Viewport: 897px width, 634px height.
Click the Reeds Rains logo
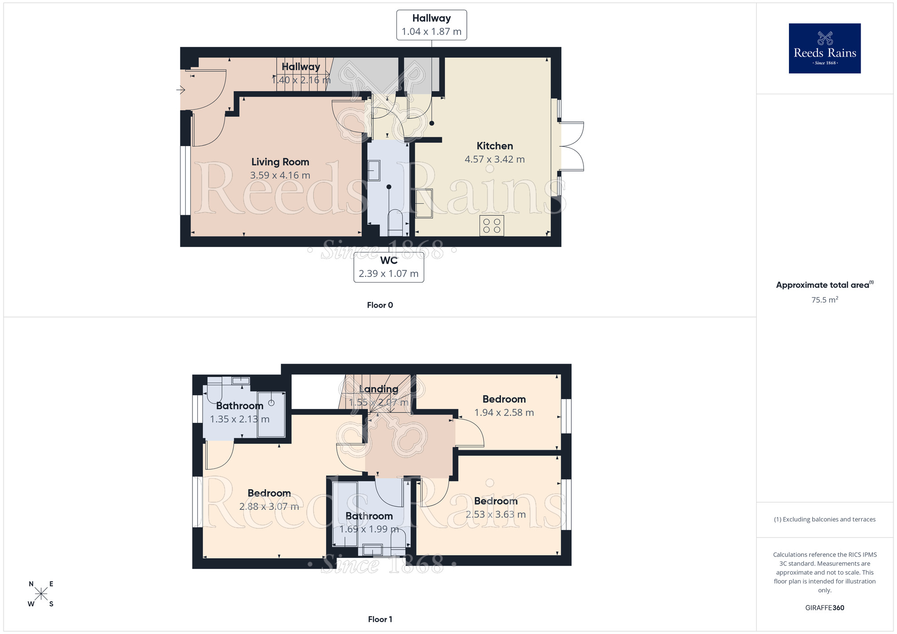pyautogui.click(x=824, y=48)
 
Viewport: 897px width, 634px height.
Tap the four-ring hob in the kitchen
pyautogui.click(x=492, y=226)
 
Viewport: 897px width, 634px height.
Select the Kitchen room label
pyautogui.click(x=495, y=146)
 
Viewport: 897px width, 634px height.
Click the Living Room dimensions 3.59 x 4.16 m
pyautogui.click(x=280, y=175)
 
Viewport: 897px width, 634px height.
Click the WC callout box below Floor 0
pyautogui.click(x=389, y=267)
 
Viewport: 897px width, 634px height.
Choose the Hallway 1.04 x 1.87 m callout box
pyautogui.click(x=431, y=25)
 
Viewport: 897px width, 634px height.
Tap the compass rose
pyautogui.click(x=41, y=594)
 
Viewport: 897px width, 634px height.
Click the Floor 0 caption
pyautogui.click(x=380, y=305)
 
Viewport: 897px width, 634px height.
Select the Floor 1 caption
pyautogui.click(x=380, y=619)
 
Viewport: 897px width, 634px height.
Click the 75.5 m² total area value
pyautogui.click(x=824, y=300)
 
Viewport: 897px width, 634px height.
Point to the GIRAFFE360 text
pyautogui.click(x=824, y=608)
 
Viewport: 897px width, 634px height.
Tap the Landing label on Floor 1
pyautogui.click(x=379, y=389)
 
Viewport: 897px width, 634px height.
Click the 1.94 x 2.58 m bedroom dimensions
pyautogui.click(x=504, y=413)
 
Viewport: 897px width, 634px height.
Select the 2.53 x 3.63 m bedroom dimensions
pyautogui.click(x=496, y=514)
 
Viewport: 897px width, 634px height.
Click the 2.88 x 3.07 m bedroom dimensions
pyautogui.click(x=269, y=507)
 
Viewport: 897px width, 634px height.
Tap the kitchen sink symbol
pyautogui.click(x=424, y=204)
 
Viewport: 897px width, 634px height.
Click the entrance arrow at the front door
pyautogui.click(x=181, y=90)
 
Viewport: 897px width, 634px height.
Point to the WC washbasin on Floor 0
pyautogui.click(x=374, y=170)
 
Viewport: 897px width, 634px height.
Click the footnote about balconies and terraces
pyautogui.click(x=824, y=519)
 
